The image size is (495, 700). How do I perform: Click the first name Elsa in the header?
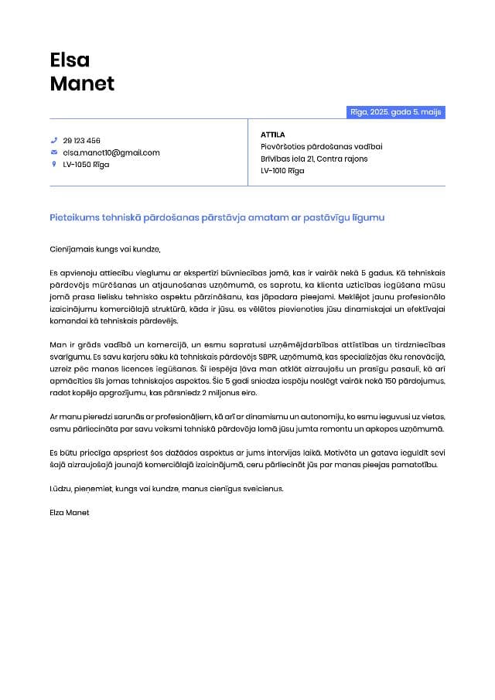[70, 60]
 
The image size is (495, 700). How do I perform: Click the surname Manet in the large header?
[82, 84]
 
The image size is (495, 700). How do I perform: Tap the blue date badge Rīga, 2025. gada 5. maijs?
[396, 112]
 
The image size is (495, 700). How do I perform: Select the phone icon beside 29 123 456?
[54, 141]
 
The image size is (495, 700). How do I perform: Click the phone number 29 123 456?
[81, 141]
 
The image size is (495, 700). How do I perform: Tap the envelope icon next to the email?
[54, 152]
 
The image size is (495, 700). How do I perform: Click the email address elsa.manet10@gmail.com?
[111, 152]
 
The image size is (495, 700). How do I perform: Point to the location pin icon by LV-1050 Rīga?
[54, 165]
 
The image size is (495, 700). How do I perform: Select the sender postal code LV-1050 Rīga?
[86, 165]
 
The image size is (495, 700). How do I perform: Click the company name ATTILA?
[273, 135]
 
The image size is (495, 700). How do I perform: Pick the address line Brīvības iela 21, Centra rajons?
[314, 159]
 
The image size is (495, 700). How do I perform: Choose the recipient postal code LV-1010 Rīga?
[282, 171]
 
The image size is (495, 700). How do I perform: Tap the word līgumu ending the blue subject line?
[367, 218]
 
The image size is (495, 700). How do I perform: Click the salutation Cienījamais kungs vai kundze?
[104, 249]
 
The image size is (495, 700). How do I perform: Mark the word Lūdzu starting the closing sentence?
[60, 489]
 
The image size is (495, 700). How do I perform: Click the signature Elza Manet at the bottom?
[70, 513]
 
